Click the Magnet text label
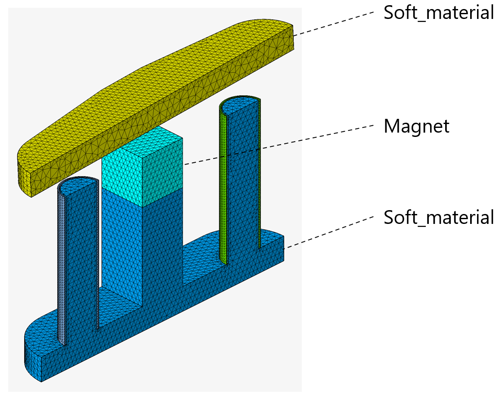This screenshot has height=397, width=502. point(416,127)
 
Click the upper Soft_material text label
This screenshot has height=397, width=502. point(438,13)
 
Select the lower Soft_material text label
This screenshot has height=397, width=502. point(438,218)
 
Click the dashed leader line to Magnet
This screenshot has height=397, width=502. point(280,145)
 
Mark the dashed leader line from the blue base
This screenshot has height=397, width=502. point(329,231)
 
